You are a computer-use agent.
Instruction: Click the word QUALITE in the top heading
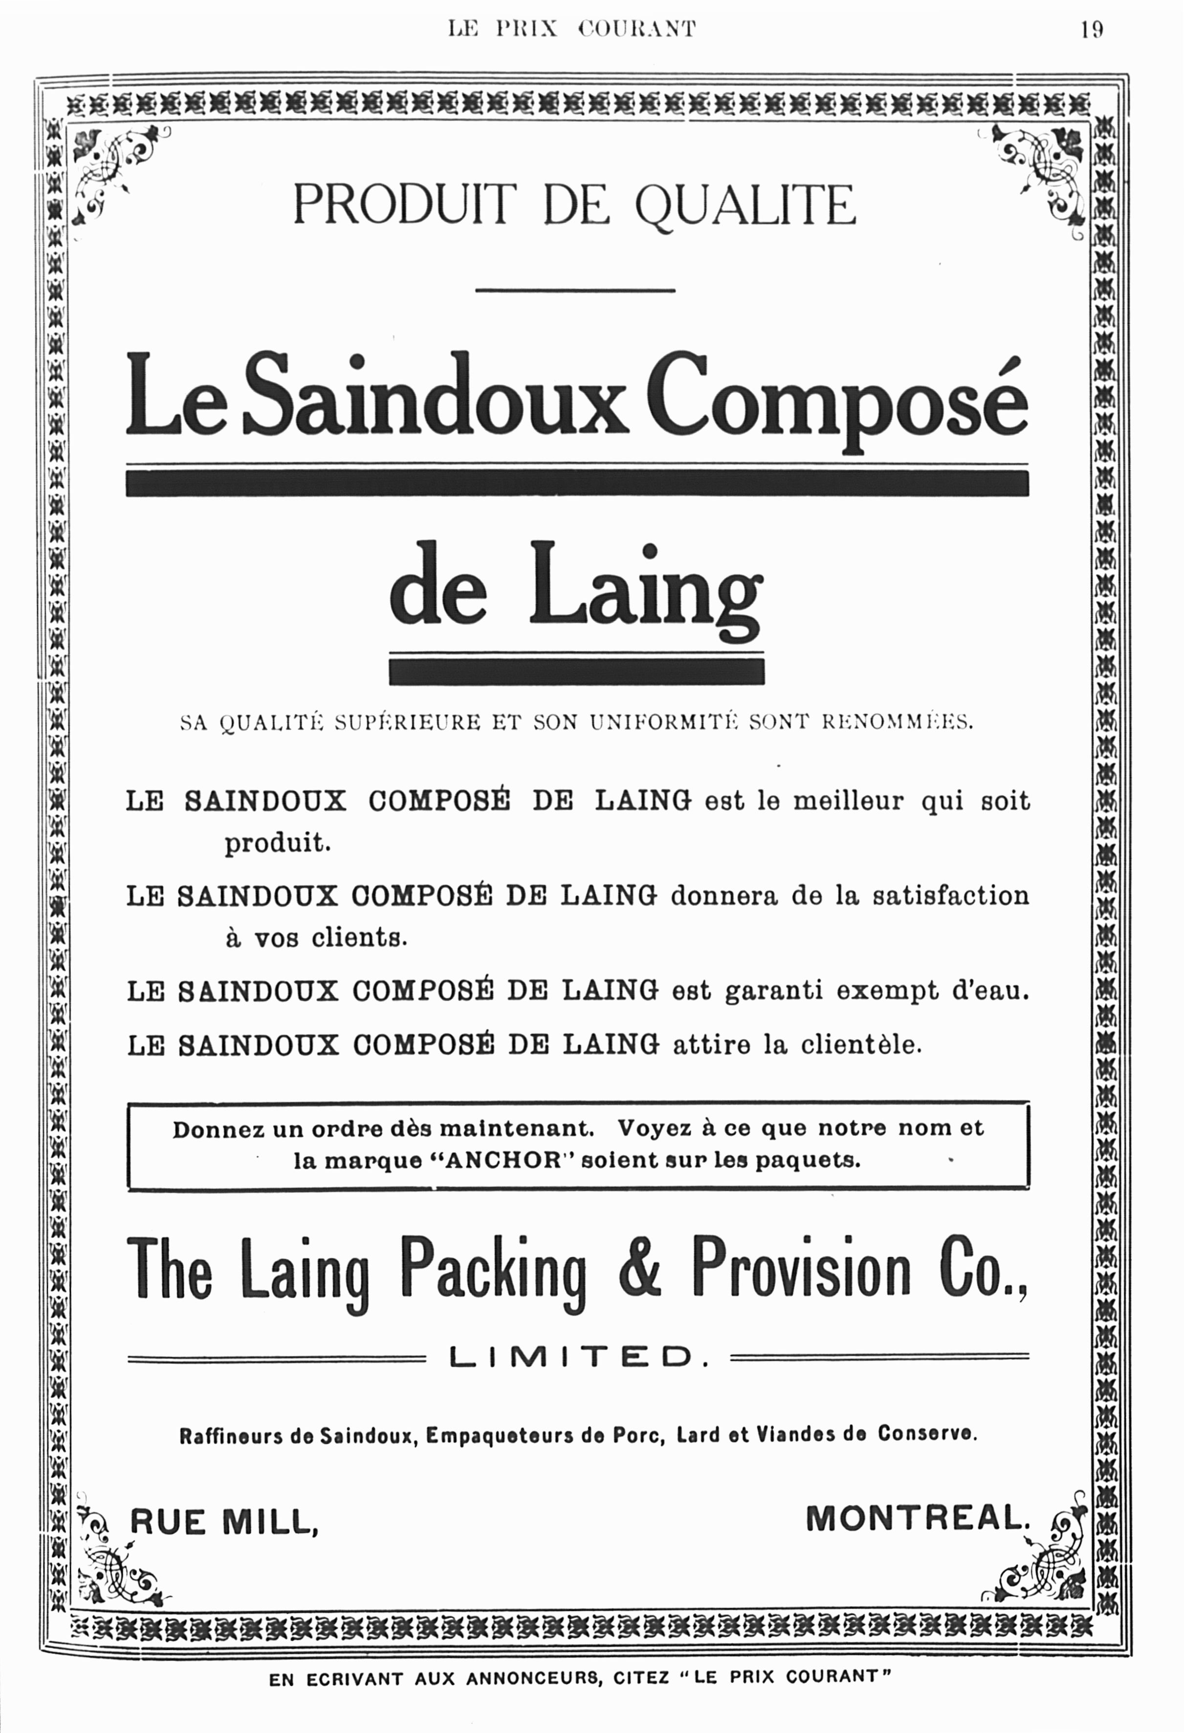[x=745, y=206]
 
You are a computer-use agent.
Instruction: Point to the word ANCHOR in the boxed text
[x=503, y=1161]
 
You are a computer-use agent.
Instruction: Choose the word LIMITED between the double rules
[x=579, y=1357]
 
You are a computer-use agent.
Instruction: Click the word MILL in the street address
[x=271, y=1522]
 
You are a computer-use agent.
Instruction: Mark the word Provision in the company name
[x=802, y=1268]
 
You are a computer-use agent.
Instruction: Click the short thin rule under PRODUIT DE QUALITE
[x=575, y=290]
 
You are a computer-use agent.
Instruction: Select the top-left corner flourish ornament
[x=119, y=170]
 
